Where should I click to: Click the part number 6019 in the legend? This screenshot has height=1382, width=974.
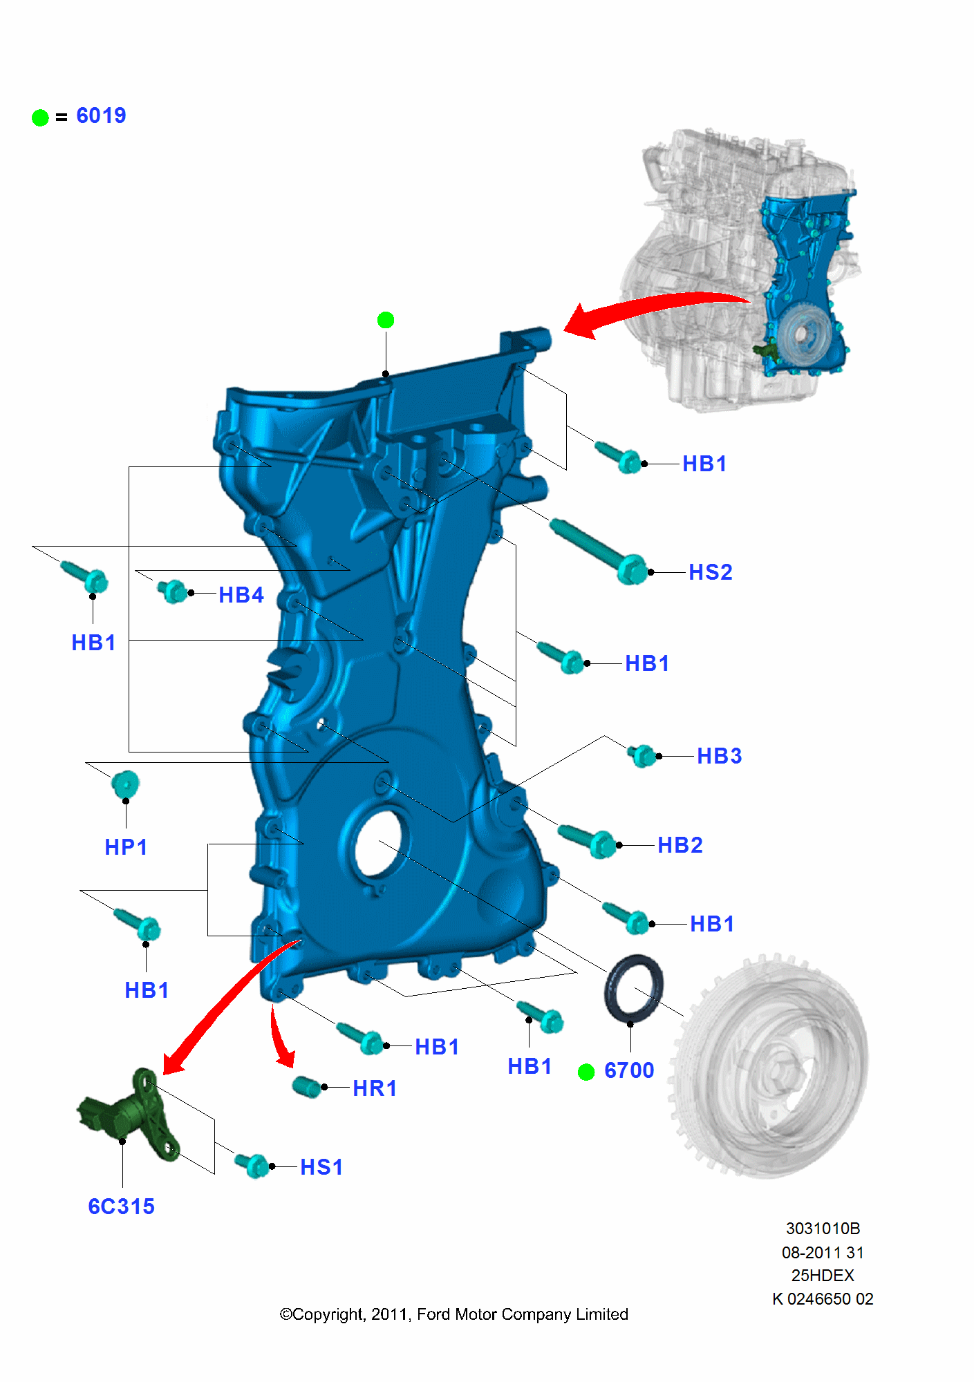(x=101, y=115)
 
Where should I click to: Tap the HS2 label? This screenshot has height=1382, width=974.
(x=710, y=572)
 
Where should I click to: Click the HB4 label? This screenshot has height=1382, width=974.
(x=241, y=594)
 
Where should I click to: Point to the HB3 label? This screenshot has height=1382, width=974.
(x=719, y=756)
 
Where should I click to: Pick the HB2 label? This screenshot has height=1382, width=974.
(x=680, y=844)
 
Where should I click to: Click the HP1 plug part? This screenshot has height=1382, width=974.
(x=125, y=785)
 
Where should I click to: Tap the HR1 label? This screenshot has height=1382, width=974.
(x=375, y=1088)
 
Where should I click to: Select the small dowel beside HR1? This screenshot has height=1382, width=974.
(x=306, y=1086)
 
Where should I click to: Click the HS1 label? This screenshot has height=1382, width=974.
(x=321, y=1167)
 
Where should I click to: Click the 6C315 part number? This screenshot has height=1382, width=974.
(x=121, y=1206)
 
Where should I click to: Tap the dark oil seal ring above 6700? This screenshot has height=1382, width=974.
(x=634, y=988)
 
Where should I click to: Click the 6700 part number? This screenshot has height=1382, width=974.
(x=629, y=1070)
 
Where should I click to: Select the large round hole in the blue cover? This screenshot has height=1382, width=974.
(x=378, y=843)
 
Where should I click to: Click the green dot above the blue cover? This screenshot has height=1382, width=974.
(x=386, y=320)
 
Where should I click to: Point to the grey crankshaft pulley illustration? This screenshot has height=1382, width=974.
(x=771, y=1068)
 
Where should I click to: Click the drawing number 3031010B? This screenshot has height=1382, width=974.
(x=823, y=1229)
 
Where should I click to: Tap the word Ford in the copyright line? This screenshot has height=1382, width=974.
(x=433, y=1314)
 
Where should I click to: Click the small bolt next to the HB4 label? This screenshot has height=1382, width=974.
(x=173, y=591)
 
